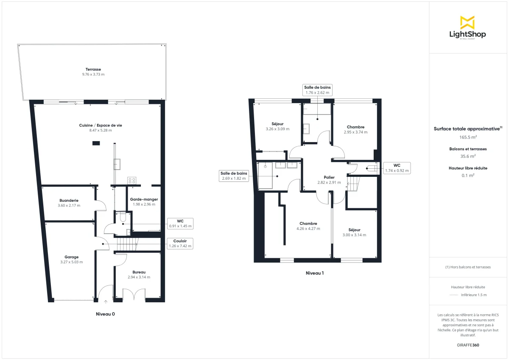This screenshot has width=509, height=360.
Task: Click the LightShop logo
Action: (x=467, y=28)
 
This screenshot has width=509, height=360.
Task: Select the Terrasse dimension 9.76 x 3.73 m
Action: (x=93, y=75)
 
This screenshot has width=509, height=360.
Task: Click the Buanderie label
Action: (x=69, y=200)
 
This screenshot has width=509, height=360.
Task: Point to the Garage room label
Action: (x=71, y=257)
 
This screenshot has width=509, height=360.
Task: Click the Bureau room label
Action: (x=139, y=272)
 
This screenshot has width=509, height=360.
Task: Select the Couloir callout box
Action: (x=180, y=243)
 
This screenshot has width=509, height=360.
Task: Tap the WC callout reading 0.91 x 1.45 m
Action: (x=180, y=223)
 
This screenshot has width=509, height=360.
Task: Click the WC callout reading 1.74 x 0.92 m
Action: (x=397, y=168)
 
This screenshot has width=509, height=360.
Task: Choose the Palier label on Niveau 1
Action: (x=329, y=177)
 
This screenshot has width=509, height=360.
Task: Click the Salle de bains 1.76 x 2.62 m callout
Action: (x=317, y=89)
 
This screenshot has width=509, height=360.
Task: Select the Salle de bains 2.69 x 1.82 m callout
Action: (x=233, y=176)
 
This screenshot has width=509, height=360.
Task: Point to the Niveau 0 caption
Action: (x=105, y=314)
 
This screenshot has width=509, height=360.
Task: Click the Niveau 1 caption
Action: (x=314, y=273)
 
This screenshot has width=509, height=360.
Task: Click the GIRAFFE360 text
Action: (x=468, y=345)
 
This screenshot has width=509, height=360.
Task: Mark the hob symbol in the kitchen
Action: (x=131, y=181)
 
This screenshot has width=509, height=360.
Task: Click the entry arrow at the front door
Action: (x=106, y=301)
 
